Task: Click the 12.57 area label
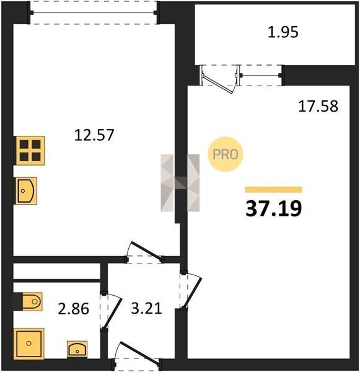click(x=94, y=135)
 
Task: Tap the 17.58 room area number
click(x=318, y=106)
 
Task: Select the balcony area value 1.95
click(x=283, y=32)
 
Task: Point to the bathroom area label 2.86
click(x=74, y=309)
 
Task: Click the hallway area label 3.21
click(x=147, y=308)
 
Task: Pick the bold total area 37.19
click(x=274, y=208)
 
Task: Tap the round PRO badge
click(x=226, y=154)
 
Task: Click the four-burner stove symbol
click(x=30, y=151)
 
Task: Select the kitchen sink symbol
click(x=26, y=190)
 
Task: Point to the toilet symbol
click(x=32, y=301)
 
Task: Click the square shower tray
click(x=29, y=343)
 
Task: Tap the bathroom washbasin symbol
click(x=77, y=349)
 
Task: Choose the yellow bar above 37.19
click(x=273, y=190)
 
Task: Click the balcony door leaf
click(x=217, y=84)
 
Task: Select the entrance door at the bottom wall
click(x=139, y=352)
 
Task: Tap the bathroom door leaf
click(x=113, y=313)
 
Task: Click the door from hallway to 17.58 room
click(x=192, y=293)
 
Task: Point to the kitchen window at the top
click(x=94, y=12)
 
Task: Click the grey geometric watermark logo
click(x=180, y=183)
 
